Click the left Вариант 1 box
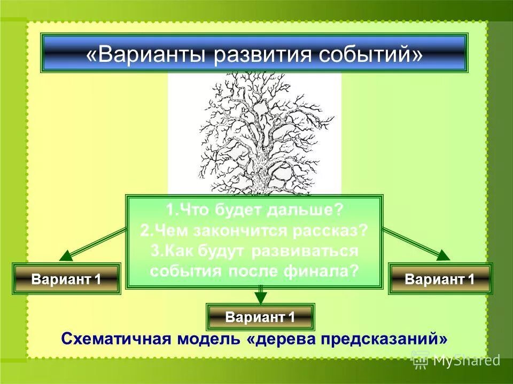(x=66, y=278)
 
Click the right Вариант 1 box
(x=440, y=278)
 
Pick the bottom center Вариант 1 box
(x=260, y=317)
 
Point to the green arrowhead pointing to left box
(x=67, y=256)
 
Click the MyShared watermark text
(x=466, y=361)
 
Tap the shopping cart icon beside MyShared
(x=420, y=361)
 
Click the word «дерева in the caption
(x=273, y=339)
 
